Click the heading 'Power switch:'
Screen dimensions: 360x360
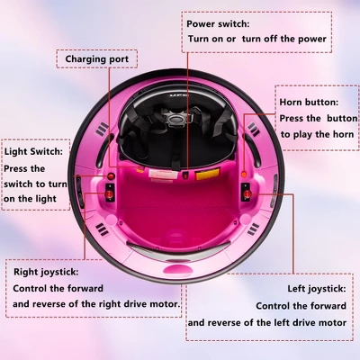[218, 24]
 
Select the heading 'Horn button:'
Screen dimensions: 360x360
[309, 102]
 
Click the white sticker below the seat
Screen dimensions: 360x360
[159, 169]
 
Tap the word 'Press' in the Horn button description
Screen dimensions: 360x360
[294, 118]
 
